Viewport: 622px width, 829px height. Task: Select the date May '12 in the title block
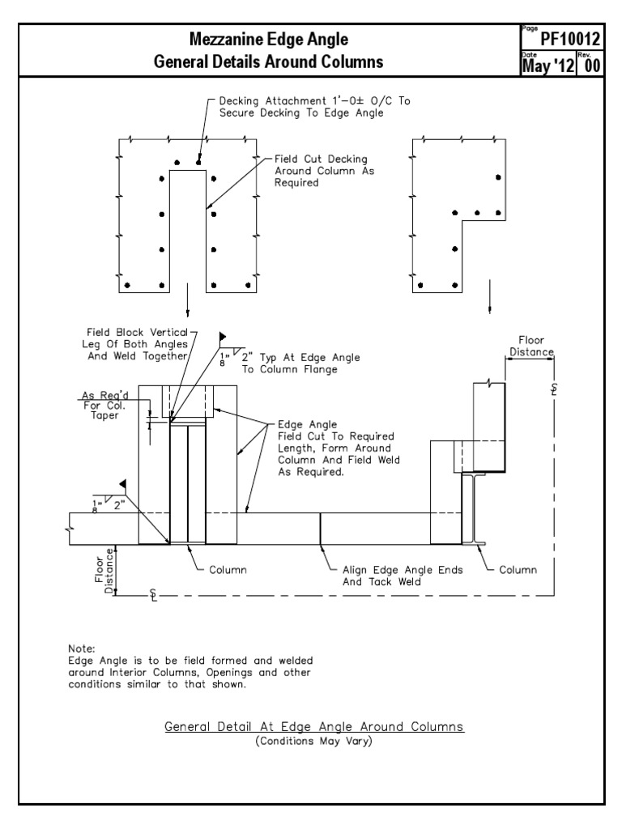point(548,65)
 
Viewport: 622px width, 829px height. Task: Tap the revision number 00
point(591,65)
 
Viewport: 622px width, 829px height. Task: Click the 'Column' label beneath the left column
point(228,570)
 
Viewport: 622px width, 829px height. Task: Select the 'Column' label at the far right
point(518,570)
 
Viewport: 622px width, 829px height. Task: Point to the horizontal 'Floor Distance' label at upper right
point(530,346)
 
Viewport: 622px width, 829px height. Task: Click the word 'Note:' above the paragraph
point(83,649)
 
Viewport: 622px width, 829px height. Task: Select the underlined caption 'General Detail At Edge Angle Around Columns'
point(314,727)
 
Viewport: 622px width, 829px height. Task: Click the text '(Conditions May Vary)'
point(314,740)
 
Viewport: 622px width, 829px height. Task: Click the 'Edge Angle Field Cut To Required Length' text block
point(339,449)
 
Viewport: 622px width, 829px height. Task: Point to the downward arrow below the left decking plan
point(187,301)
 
